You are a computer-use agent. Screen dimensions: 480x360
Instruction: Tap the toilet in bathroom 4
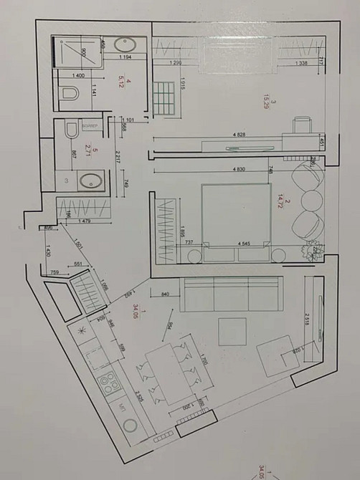[x=70, y=94]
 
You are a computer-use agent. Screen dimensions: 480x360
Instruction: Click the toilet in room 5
[x=70, y=130]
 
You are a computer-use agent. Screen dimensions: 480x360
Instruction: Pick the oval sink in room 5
[x=90, y=181]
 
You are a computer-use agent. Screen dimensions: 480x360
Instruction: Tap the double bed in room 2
[x=234, y=214]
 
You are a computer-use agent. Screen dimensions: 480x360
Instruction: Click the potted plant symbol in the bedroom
[x=311, y=251]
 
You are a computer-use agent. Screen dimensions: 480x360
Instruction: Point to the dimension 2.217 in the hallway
[x=117, y=160]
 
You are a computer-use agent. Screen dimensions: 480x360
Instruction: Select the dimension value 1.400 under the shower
[x=78, y=75]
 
